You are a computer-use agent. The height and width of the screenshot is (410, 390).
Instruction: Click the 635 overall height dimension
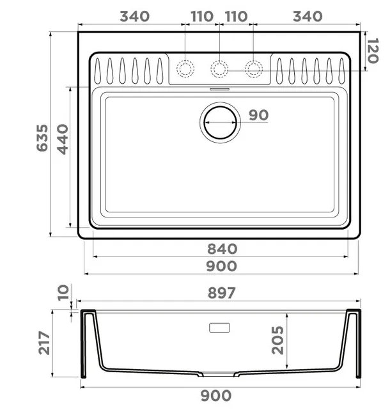42,138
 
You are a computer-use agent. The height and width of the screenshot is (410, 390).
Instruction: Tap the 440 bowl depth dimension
63,139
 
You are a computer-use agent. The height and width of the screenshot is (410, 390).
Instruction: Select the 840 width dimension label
222,249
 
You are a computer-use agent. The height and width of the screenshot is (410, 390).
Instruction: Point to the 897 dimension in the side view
222,293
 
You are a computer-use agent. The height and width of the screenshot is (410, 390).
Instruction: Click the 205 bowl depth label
277,340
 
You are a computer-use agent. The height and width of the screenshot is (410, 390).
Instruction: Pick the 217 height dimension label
44,343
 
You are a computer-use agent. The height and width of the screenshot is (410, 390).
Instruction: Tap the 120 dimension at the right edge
373,51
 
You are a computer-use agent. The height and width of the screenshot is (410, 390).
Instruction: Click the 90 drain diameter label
258,115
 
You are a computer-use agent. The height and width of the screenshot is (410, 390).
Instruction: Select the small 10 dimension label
63,293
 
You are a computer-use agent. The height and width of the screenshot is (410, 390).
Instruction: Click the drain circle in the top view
220,107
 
